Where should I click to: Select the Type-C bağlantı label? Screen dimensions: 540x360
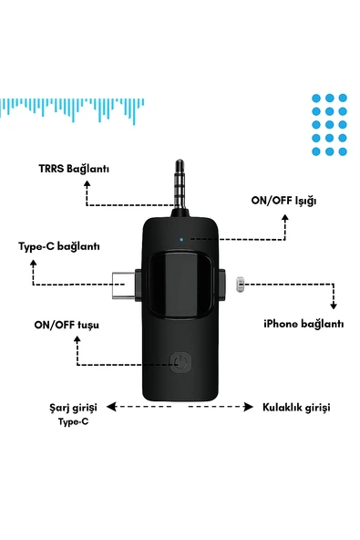[x=59, y=246]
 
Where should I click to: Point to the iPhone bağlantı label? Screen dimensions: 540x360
[x=303, y=324]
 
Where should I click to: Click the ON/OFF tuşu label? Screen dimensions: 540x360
[x=66, y=325]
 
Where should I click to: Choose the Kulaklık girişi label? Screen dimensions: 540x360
[x=296, y=407]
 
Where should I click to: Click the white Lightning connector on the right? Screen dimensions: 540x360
[x=239, y=285]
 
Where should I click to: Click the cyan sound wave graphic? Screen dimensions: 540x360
[x=73, y=109]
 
